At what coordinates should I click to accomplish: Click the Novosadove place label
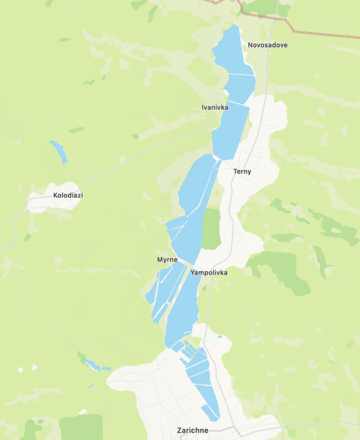pos(267,45)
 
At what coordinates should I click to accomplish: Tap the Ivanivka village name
pos(215,108)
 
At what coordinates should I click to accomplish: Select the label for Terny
pos(242,172)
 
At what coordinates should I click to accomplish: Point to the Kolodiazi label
pos(68,196)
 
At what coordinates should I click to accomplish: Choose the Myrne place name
pos(167,260)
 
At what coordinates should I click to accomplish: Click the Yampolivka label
pos(208,273)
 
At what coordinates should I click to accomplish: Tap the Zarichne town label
pos(192,430)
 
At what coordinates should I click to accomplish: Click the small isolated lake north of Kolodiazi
pos(59,151)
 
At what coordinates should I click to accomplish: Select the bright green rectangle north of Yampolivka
pos(211,229)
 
